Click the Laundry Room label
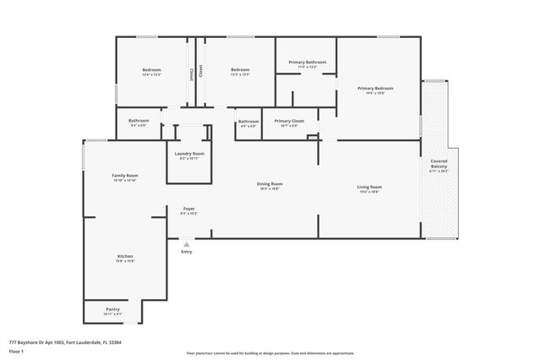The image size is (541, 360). (x=189, y=154)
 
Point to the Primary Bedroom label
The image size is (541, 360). (x=374, y=88)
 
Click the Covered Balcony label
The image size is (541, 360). (x=439, y=163)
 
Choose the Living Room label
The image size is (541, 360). (x=369, y=187)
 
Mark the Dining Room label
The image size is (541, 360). (x=270, y=183)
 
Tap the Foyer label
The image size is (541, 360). (x=189, y=209)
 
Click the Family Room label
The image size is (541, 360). (x=124, y=175)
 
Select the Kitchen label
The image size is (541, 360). (x=124, y=256)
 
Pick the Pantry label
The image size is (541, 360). (x=112, y=309)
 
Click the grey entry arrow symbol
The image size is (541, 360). (x=186, y=243)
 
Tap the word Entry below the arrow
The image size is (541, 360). (x=186, y=251)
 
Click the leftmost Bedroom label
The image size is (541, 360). (x=151, y=70)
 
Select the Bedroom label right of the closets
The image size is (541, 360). (x=240, y=70)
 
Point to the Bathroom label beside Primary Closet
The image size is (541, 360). (x=248, y=121)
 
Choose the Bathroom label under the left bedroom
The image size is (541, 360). (x=139, y=121)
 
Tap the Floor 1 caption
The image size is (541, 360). (x=16, y=351)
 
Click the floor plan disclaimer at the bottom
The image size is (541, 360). (x=270, y=353)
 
